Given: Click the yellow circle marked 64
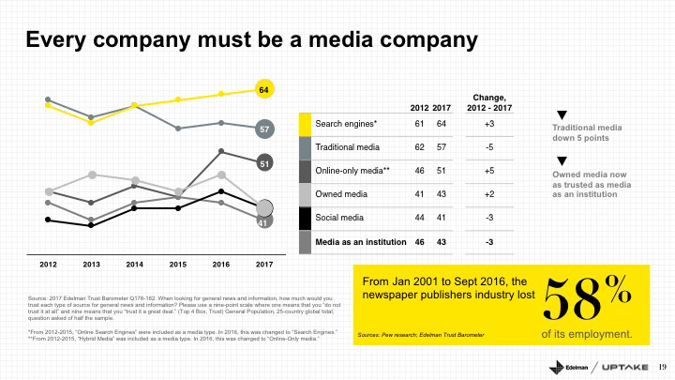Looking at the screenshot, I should coord(264,90).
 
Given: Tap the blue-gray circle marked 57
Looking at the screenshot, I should coord(264,129).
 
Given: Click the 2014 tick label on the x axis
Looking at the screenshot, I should coord(135,266).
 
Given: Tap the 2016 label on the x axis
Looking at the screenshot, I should coord(221,266).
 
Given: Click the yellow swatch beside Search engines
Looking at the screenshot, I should coord(305,124).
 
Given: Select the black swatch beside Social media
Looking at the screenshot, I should coord(305,218).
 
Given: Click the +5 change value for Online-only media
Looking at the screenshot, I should coord(488,171).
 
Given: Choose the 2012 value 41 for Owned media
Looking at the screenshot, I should coord(420,194).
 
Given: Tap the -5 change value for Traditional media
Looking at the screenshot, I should coord(488,147).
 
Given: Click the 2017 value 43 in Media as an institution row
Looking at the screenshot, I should coord(442,241).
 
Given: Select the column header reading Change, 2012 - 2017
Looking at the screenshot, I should coord(488,102).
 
